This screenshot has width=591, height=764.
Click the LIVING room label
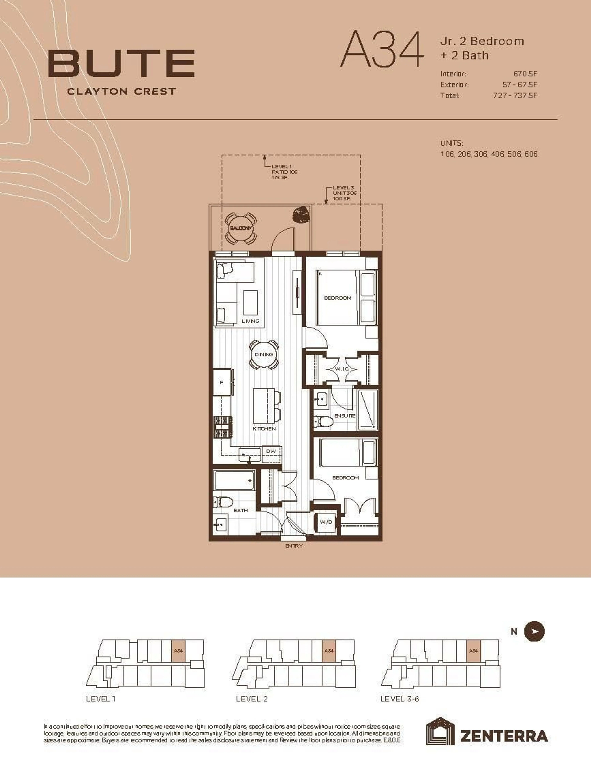coord(250,321)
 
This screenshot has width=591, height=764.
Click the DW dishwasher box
coord(271,451)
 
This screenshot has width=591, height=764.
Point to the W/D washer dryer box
coord(326,522)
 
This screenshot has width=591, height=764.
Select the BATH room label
coord(241,510)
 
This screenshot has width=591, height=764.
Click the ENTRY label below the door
coord(294,546)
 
